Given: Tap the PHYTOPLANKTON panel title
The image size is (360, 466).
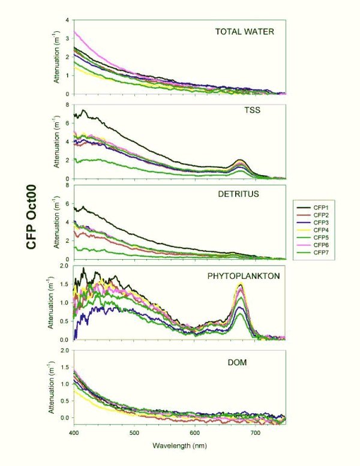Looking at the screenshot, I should pos(241,276).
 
